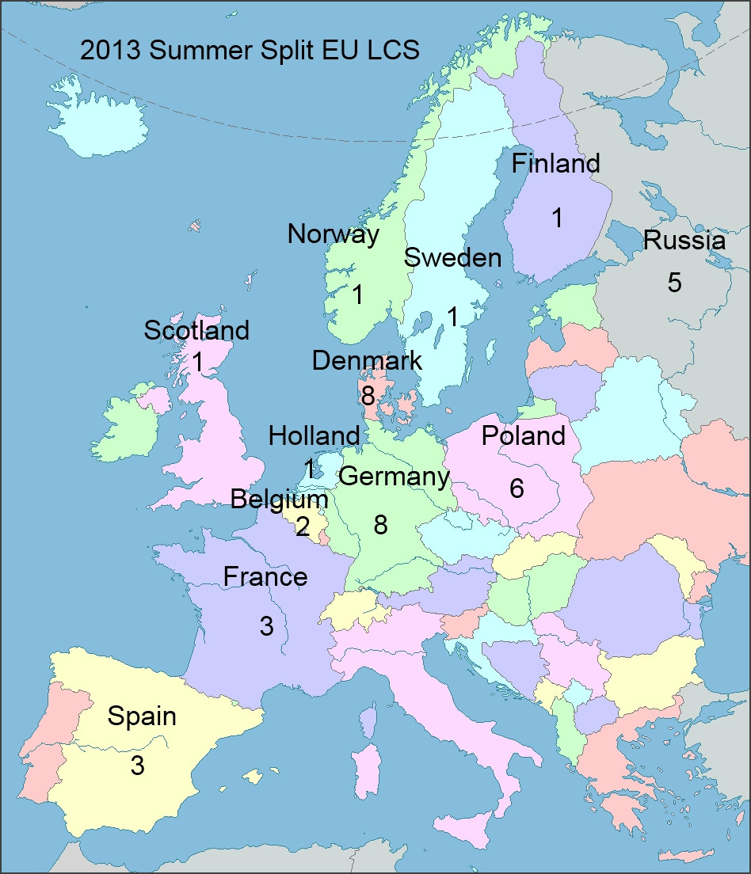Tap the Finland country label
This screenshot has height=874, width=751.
(x=555, y=164)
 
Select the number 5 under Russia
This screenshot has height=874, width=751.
(x=674, y=283)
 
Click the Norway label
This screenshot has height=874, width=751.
(x=333, y=234)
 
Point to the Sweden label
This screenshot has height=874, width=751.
(x=452, y=258)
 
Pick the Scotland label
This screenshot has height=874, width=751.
(x=196, y=330)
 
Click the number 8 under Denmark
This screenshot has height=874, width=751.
(x=368, y=395)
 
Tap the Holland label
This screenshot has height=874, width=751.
(x=314, y=435)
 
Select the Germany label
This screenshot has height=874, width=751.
(x=394, y=477)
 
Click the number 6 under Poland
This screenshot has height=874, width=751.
(x=517, y=488)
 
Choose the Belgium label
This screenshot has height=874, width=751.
(x=279, y=500)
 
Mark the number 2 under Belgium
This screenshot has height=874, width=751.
(x=303, y=526)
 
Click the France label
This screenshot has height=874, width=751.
(x=265, y=576)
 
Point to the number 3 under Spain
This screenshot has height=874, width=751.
(x=138, y=766)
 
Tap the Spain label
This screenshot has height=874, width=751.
(x=142, y=716)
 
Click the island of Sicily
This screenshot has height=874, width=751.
(x=474, y=831)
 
